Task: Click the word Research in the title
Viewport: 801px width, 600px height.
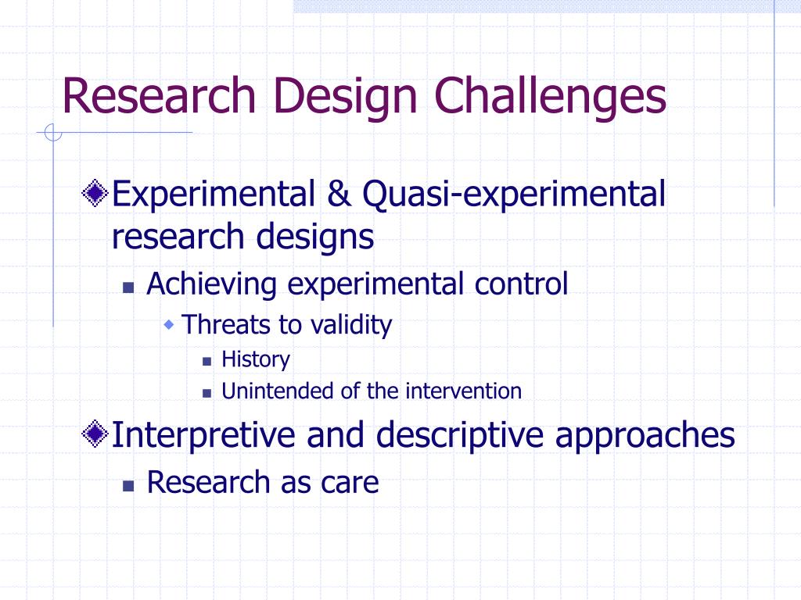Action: coord(158,95)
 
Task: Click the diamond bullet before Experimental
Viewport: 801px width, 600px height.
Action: coord(95,194)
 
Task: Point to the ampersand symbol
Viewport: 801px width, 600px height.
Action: coord(339,195)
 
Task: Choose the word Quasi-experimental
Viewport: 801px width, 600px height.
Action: coord(514,196)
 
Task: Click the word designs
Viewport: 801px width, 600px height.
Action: coord(315,237)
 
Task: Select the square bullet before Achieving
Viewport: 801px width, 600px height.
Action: coord(128,287)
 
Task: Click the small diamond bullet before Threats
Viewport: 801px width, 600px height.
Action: coord(169,324)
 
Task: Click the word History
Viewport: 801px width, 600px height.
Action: coord(256,359)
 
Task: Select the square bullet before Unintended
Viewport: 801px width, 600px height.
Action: coord(207,394)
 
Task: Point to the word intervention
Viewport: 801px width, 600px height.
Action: coord(463,391)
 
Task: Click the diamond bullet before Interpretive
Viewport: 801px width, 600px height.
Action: coord(95,434)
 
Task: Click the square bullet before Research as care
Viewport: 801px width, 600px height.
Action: coord(128,486)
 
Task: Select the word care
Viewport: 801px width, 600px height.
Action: coord(350,484)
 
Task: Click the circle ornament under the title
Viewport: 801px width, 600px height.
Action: coord(53,133)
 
